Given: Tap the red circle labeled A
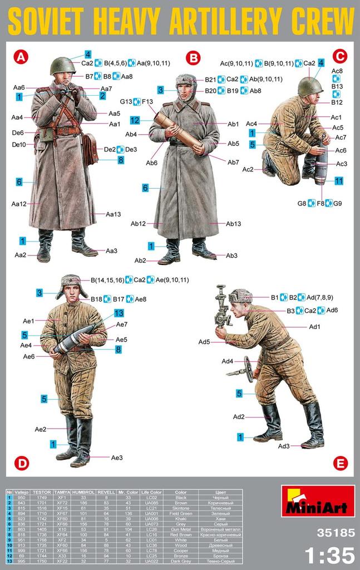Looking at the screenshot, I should (x=20, y=56).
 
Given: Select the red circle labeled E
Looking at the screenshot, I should (x=341, y=463).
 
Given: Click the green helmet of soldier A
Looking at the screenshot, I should (x=62, y=66).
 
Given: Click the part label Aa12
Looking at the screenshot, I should (x=19, y=204).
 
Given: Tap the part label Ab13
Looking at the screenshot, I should (x=233, y=224).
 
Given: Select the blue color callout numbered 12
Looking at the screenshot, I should (x=134, y=120).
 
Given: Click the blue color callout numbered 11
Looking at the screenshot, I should (x=339, y=181).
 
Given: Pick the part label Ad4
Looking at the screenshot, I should (x=227, y=361).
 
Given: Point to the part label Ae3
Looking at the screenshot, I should (x=116, y=458).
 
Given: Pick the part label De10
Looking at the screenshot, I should (x=19, y=145).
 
